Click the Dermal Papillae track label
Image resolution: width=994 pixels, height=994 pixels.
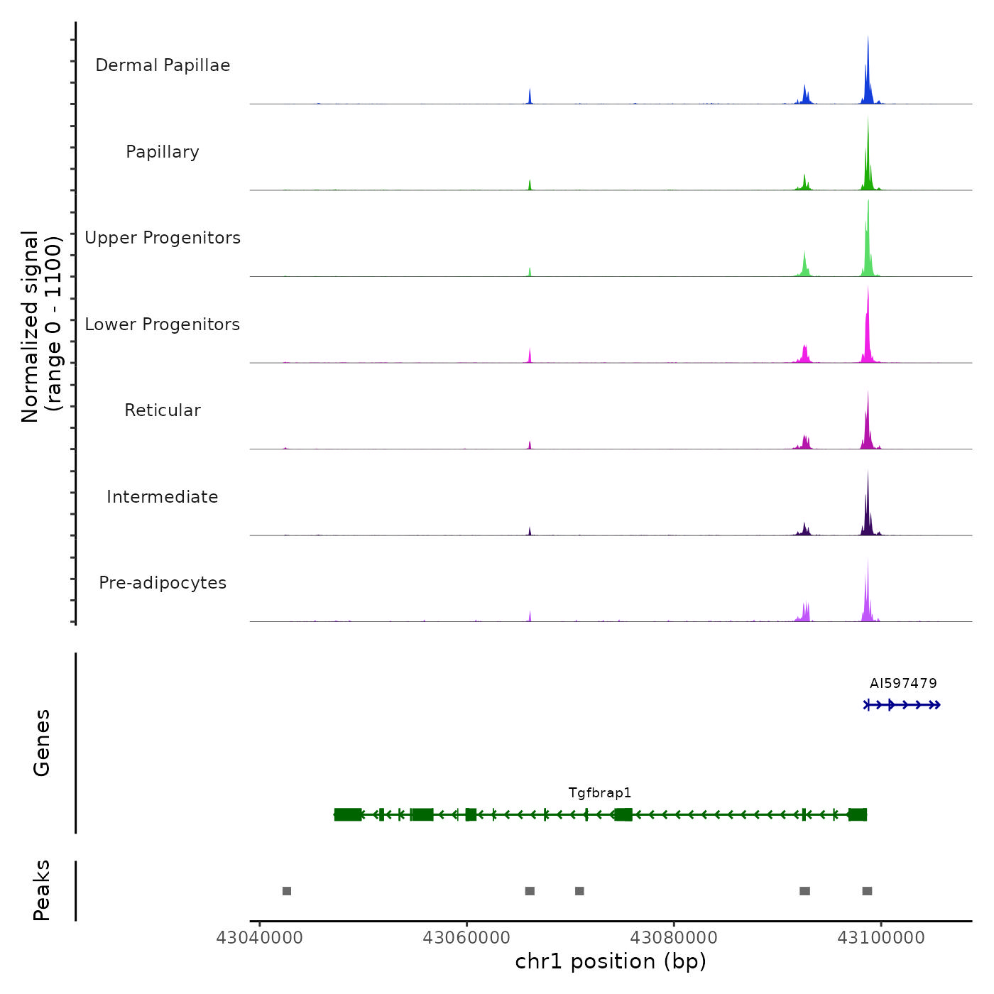[x=163, y=65]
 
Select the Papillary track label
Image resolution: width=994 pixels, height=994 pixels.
[x=163, y=152]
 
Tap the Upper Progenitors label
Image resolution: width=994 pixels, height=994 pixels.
[x=163, y=238]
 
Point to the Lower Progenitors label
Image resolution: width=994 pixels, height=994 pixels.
[x=163, y=324]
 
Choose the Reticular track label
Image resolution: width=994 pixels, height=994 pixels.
[x=163, y=410]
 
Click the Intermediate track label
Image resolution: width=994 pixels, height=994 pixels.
[x=163, y=497]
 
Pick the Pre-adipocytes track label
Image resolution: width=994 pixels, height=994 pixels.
[x=163, y=583]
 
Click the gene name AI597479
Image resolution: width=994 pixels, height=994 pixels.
[x=903, y=684]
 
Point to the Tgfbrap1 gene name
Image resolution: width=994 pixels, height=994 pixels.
[x=600, y=793]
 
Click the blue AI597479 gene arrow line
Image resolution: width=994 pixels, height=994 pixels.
[x=902, y=705]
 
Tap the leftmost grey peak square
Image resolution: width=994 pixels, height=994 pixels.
[x=287, y=891]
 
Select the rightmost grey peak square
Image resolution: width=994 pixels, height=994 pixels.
[x=867, y=891]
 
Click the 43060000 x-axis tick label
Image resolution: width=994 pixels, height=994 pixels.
[x=466, y=938]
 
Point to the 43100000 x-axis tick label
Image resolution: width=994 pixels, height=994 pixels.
[x=881, y=938]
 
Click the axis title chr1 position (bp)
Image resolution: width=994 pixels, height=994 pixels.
[x=611, y=961]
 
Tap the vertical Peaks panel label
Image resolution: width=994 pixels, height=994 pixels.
[x=42, y=890]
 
